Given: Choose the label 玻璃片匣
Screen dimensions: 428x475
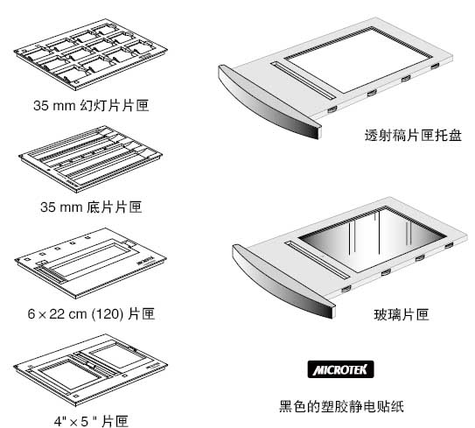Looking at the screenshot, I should click(400, 312).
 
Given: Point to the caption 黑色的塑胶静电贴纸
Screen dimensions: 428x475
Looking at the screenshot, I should click(342, 406).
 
